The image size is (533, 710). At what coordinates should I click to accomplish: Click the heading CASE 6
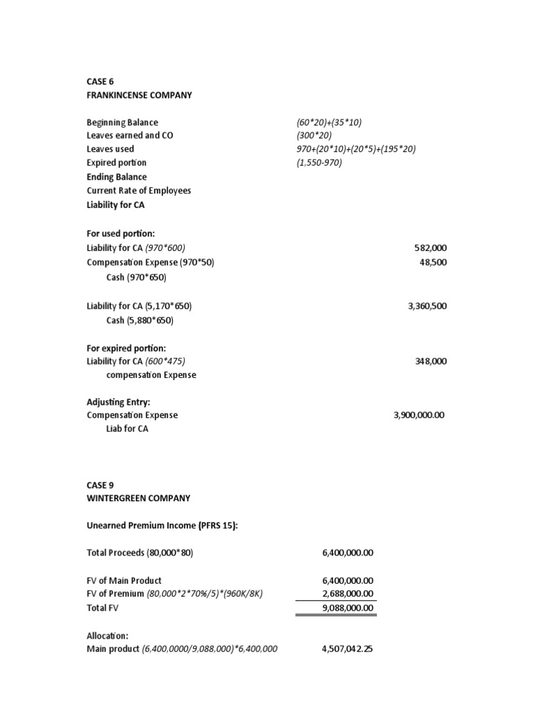[100, 81]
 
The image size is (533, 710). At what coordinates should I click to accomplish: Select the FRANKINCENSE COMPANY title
[139, 95]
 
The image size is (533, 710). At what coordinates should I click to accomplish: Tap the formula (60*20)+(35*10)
[329, 122]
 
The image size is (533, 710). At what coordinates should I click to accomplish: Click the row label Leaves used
[110, 149]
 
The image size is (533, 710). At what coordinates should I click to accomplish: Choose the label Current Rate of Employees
[139, 191]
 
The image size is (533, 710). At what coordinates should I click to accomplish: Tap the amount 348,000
[430, 361]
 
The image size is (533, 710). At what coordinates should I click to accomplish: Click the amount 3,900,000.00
[418, 415]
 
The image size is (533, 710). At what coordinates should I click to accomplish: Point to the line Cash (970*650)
[137, 277]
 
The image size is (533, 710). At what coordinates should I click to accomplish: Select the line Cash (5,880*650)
[139, 320]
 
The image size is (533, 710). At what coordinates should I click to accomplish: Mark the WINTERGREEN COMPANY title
[138, 499]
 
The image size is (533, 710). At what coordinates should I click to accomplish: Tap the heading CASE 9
[100, 485]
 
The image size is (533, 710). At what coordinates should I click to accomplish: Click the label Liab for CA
[127, 429]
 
